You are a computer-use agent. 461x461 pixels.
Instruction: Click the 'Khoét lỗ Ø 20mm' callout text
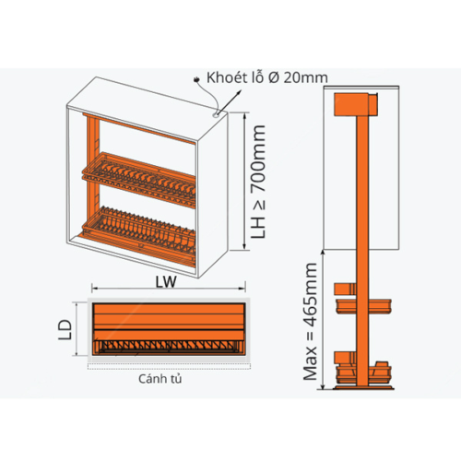tap(267, 77)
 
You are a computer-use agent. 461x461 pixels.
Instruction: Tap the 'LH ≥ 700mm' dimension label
tap(257, 182)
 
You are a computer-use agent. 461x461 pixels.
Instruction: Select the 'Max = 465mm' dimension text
tap(310, 322)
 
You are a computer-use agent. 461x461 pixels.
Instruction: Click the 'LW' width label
tap(166, 282)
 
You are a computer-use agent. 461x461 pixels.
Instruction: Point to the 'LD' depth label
tap(65, 330)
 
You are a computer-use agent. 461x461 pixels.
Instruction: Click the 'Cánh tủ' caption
tap(160, 379)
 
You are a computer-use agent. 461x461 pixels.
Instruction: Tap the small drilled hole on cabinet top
tap(216, 114)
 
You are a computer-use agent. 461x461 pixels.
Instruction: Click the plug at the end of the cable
tap(196, 80)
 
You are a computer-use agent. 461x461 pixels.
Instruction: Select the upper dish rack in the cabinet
tap(138, 180)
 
